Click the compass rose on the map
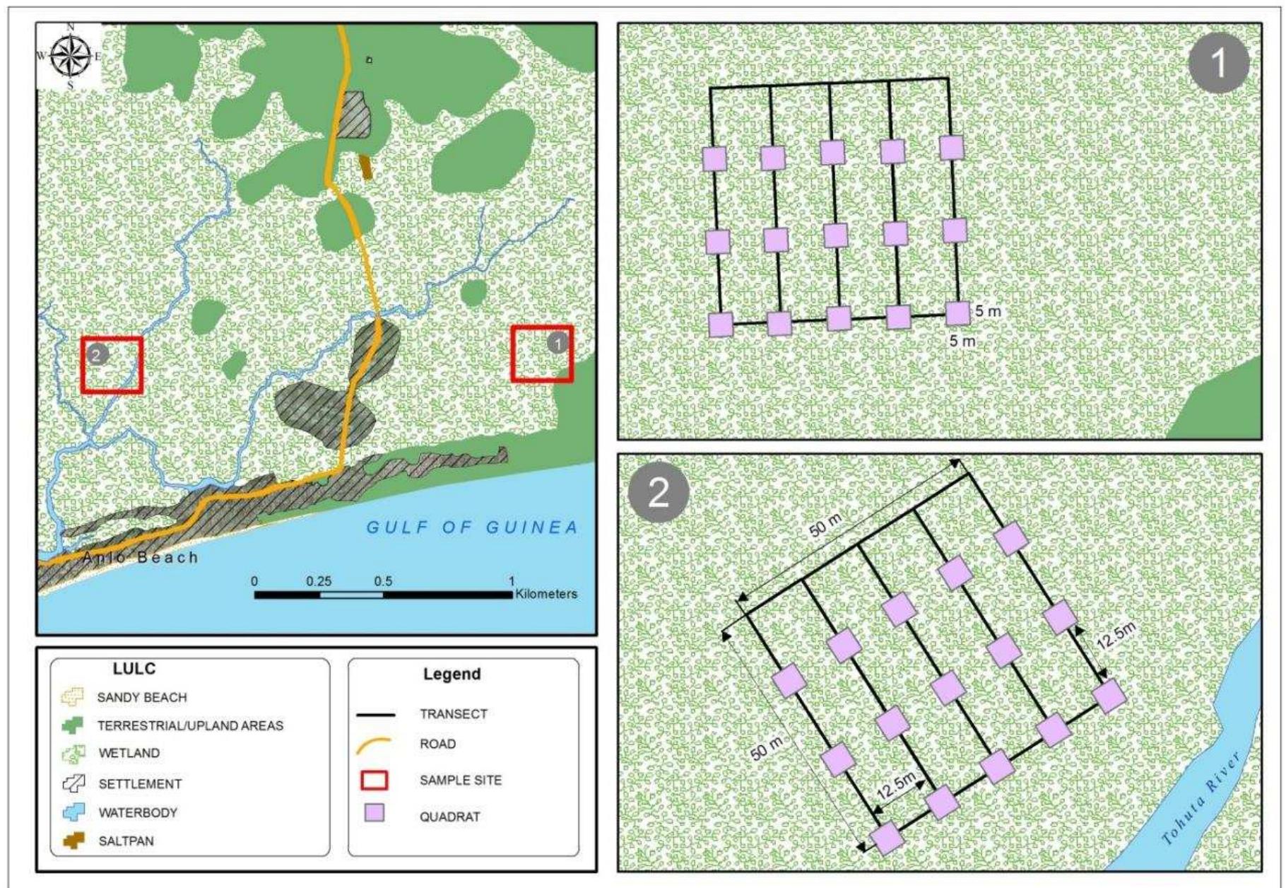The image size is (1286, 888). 71,56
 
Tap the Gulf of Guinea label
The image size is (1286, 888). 472,527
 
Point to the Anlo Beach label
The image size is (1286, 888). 140,557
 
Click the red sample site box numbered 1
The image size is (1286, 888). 542,354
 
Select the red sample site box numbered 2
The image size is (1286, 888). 112,364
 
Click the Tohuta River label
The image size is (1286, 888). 1202,798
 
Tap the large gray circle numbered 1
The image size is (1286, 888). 1218,63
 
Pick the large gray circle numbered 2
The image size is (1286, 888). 658,492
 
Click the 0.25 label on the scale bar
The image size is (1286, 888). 319,581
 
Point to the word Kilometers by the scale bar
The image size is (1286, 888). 546,594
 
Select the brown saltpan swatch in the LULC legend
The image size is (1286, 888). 73,841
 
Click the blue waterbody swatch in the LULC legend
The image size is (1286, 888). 73,812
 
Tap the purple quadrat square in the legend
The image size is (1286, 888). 374,813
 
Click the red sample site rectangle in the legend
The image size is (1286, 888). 374,780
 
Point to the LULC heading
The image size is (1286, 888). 134,669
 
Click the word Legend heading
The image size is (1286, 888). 452,674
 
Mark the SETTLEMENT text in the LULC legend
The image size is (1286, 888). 140,783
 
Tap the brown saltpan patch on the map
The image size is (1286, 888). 365,167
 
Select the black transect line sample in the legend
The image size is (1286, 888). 375,715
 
